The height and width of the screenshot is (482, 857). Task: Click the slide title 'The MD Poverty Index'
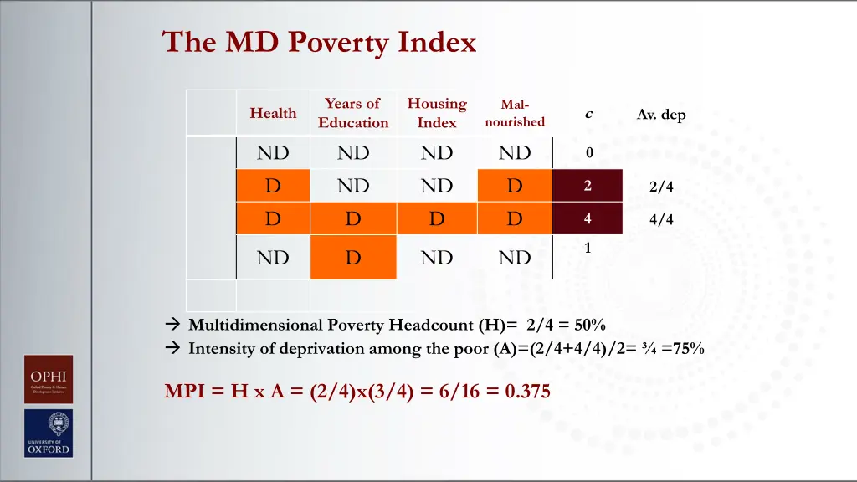pyautogui.click(x=319, y=42)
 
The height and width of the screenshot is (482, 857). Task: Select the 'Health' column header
pyautogui.click(x=273, y=113)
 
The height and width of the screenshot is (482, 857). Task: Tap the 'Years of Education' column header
pyautogui.click(x=353, y=113)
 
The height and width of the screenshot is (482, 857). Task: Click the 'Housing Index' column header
pyautogui.click(x=437, y=113)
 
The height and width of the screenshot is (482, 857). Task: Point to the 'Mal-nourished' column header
pyautogui.click(x=514, y=113)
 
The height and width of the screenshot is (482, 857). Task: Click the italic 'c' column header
pyautogui.click(x=588, y=114)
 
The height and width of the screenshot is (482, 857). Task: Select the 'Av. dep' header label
pyautogui.click(x=660, y=115)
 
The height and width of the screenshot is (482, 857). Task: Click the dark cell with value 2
pyautogui.click(x=588, y=186)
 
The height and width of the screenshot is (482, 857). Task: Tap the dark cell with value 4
pyautogui.click(x=588, y=219)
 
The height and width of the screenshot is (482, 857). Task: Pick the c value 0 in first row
pyautogui.click(x=589, y=153)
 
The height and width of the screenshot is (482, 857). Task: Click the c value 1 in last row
pyautogui.click(x=588, y=248)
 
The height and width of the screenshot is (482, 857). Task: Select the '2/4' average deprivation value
pyautogui.click(x=660, y=187)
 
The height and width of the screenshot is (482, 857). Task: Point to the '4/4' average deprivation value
pyautogui.click(x=660, y=220)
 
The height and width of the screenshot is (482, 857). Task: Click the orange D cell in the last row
pyautogui.click(x=353, y=258)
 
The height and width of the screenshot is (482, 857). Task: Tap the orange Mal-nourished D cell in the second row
pyautogui.click(x=514, y=186)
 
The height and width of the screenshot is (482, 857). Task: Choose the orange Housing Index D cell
pyautogui.click(x=437, y=219)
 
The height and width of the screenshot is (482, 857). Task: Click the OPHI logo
pyautogui.click(x=48, y=379)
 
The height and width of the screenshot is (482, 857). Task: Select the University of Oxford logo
pyautogui.click(x=48, y=433)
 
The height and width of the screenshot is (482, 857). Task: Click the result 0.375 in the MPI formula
pyautogui.click(x=527, y=391)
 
